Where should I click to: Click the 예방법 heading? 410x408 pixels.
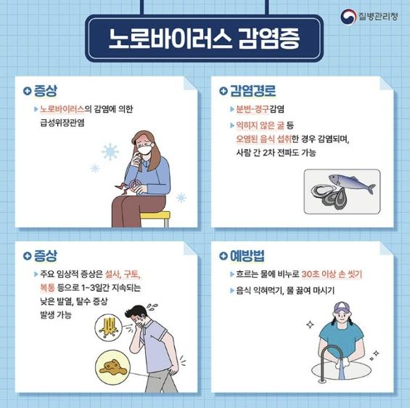[247, 256]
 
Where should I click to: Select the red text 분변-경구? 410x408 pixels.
[248, 109]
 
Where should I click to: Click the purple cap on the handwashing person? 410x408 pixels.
[342, 308]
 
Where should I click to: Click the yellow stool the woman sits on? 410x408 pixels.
[154, 216]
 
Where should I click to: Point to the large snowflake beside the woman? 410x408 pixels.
[111, 153]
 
